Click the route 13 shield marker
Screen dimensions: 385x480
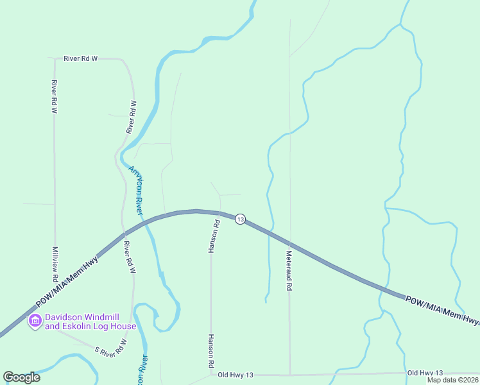pyautogui.click(x=240, y=219)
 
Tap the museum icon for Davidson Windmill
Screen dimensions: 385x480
pyautogui.click(x=35, y=320)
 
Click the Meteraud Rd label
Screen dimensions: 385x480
pyautogui.click(x=289, y=271)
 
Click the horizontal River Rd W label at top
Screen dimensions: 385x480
pyautogui.click(x=80, y=58)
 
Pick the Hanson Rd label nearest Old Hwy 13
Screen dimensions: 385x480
pyautogui.click(x=210, y=350)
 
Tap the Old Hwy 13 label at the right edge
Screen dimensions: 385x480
pyautogui.click(x=425, y=373)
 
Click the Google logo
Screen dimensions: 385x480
pyautogui.click(x=21, y=377)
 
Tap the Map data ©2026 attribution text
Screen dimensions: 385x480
pyautogui.click(x=452, y=380)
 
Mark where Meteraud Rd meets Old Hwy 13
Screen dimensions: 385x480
pyautogui.click(x=289, y=374)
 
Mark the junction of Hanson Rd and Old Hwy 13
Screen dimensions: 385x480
pyautogui.click(x=211, y=374)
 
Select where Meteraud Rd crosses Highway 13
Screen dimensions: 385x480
pyautogui.click(x=289, y=245)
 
